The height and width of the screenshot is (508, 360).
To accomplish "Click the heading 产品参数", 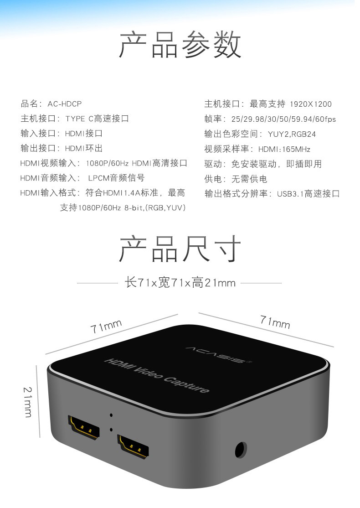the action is tap(180, 45).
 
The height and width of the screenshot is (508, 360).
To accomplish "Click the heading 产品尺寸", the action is tap(180, 249).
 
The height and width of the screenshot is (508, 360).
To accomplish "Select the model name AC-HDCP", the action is tap(64, 104).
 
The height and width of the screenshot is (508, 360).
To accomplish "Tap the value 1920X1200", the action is tap(311, 104).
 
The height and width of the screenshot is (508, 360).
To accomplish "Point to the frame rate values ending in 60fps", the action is tap(283, 119).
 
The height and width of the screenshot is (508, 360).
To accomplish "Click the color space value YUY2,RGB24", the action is tap(292, 134).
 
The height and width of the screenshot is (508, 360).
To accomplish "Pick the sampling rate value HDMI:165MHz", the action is tap(284, 150).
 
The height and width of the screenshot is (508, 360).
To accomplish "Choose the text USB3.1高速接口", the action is tap(308, 194).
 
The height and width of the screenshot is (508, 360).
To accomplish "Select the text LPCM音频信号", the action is tap(116, 178).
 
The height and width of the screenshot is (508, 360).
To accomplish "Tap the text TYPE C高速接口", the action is tap(97, 119).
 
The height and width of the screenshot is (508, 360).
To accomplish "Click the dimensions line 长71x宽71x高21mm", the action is tap(180, 283).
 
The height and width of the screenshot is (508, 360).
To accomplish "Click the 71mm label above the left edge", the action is tap(106, 326).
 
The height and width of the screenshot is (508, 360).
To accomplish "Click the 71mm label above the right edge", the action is tap(275, 321).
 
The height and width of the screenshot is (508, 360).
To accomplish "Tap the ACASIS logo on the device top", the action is tap(219, 355).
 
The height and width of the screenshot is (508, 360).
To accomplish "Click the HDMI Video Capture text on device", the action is tap(157, 375).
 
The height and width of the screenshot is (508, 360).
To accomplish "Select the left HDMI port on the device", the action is tap(83, 427).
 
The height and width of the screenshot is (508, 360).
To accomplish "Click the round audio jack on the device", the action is tap(241, 450).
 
